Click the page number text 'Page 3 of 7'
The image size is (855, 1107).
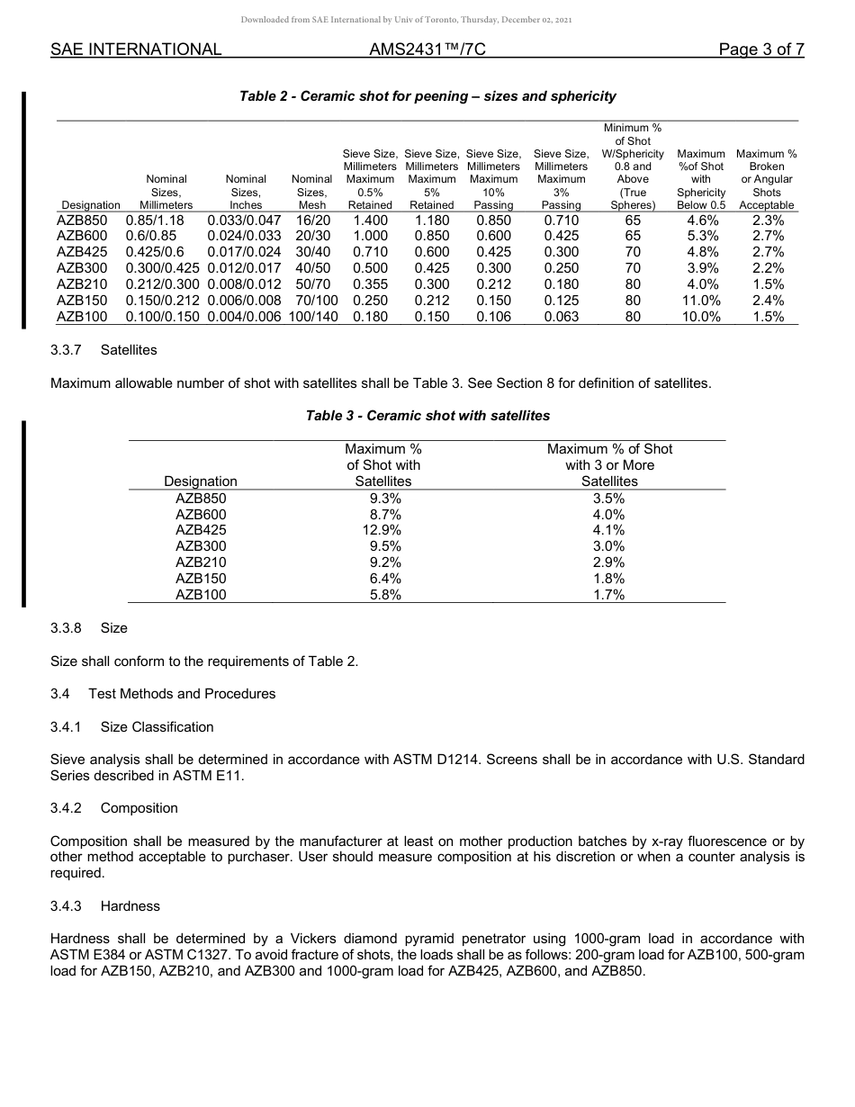click(760, 49)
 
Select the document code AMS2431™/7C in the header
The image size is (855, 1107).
click(427, 49)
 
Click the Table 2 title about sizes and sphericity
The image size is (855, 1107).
click(427, 96)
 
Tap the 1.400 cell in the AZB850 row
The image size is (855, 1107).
click(370, 220)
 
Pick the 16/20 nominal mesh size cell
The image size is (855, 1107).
click(312, 220)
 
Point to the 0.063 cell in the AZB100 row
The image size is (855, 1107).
click(561, 317)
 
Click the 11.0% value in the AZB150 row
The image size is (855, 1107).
click(701, 301)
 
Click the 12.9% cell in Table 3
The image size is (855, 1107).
click(383, 530)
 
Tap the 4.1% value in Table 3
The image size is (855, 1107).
click(609, 530)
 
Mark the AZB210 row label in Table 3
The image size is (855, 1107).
click(201, 562)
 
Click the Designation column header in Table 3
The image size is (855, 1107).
click(201, 481)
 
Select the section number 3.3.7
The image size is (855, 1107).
click(67, 349)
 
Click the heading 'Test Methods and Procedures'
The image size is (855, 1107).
click(182, 694)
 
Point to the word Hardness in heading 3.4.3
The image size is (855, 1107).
click(130, 906)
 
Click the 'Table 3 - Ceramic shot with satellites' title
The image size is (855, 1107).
click(427, 416)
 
